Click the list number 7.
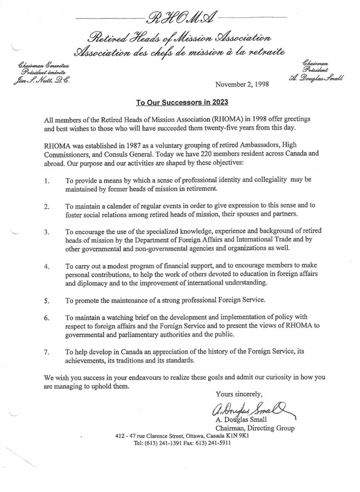[47, 352]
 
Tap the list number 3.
[47, 231]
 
